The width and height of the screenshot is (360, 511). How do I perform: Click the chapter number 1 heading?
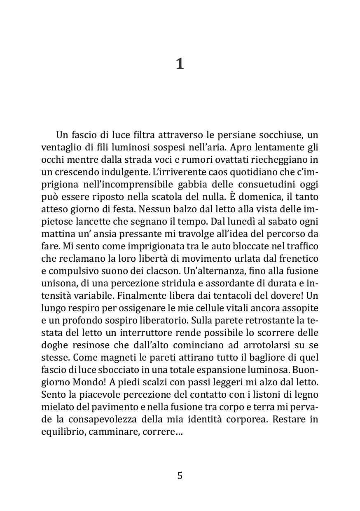pyautogui.click(x=180, y=64)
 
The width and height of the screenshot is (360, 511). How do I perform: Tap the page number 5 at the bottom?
pyautogui.click(x=180, y=476)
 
